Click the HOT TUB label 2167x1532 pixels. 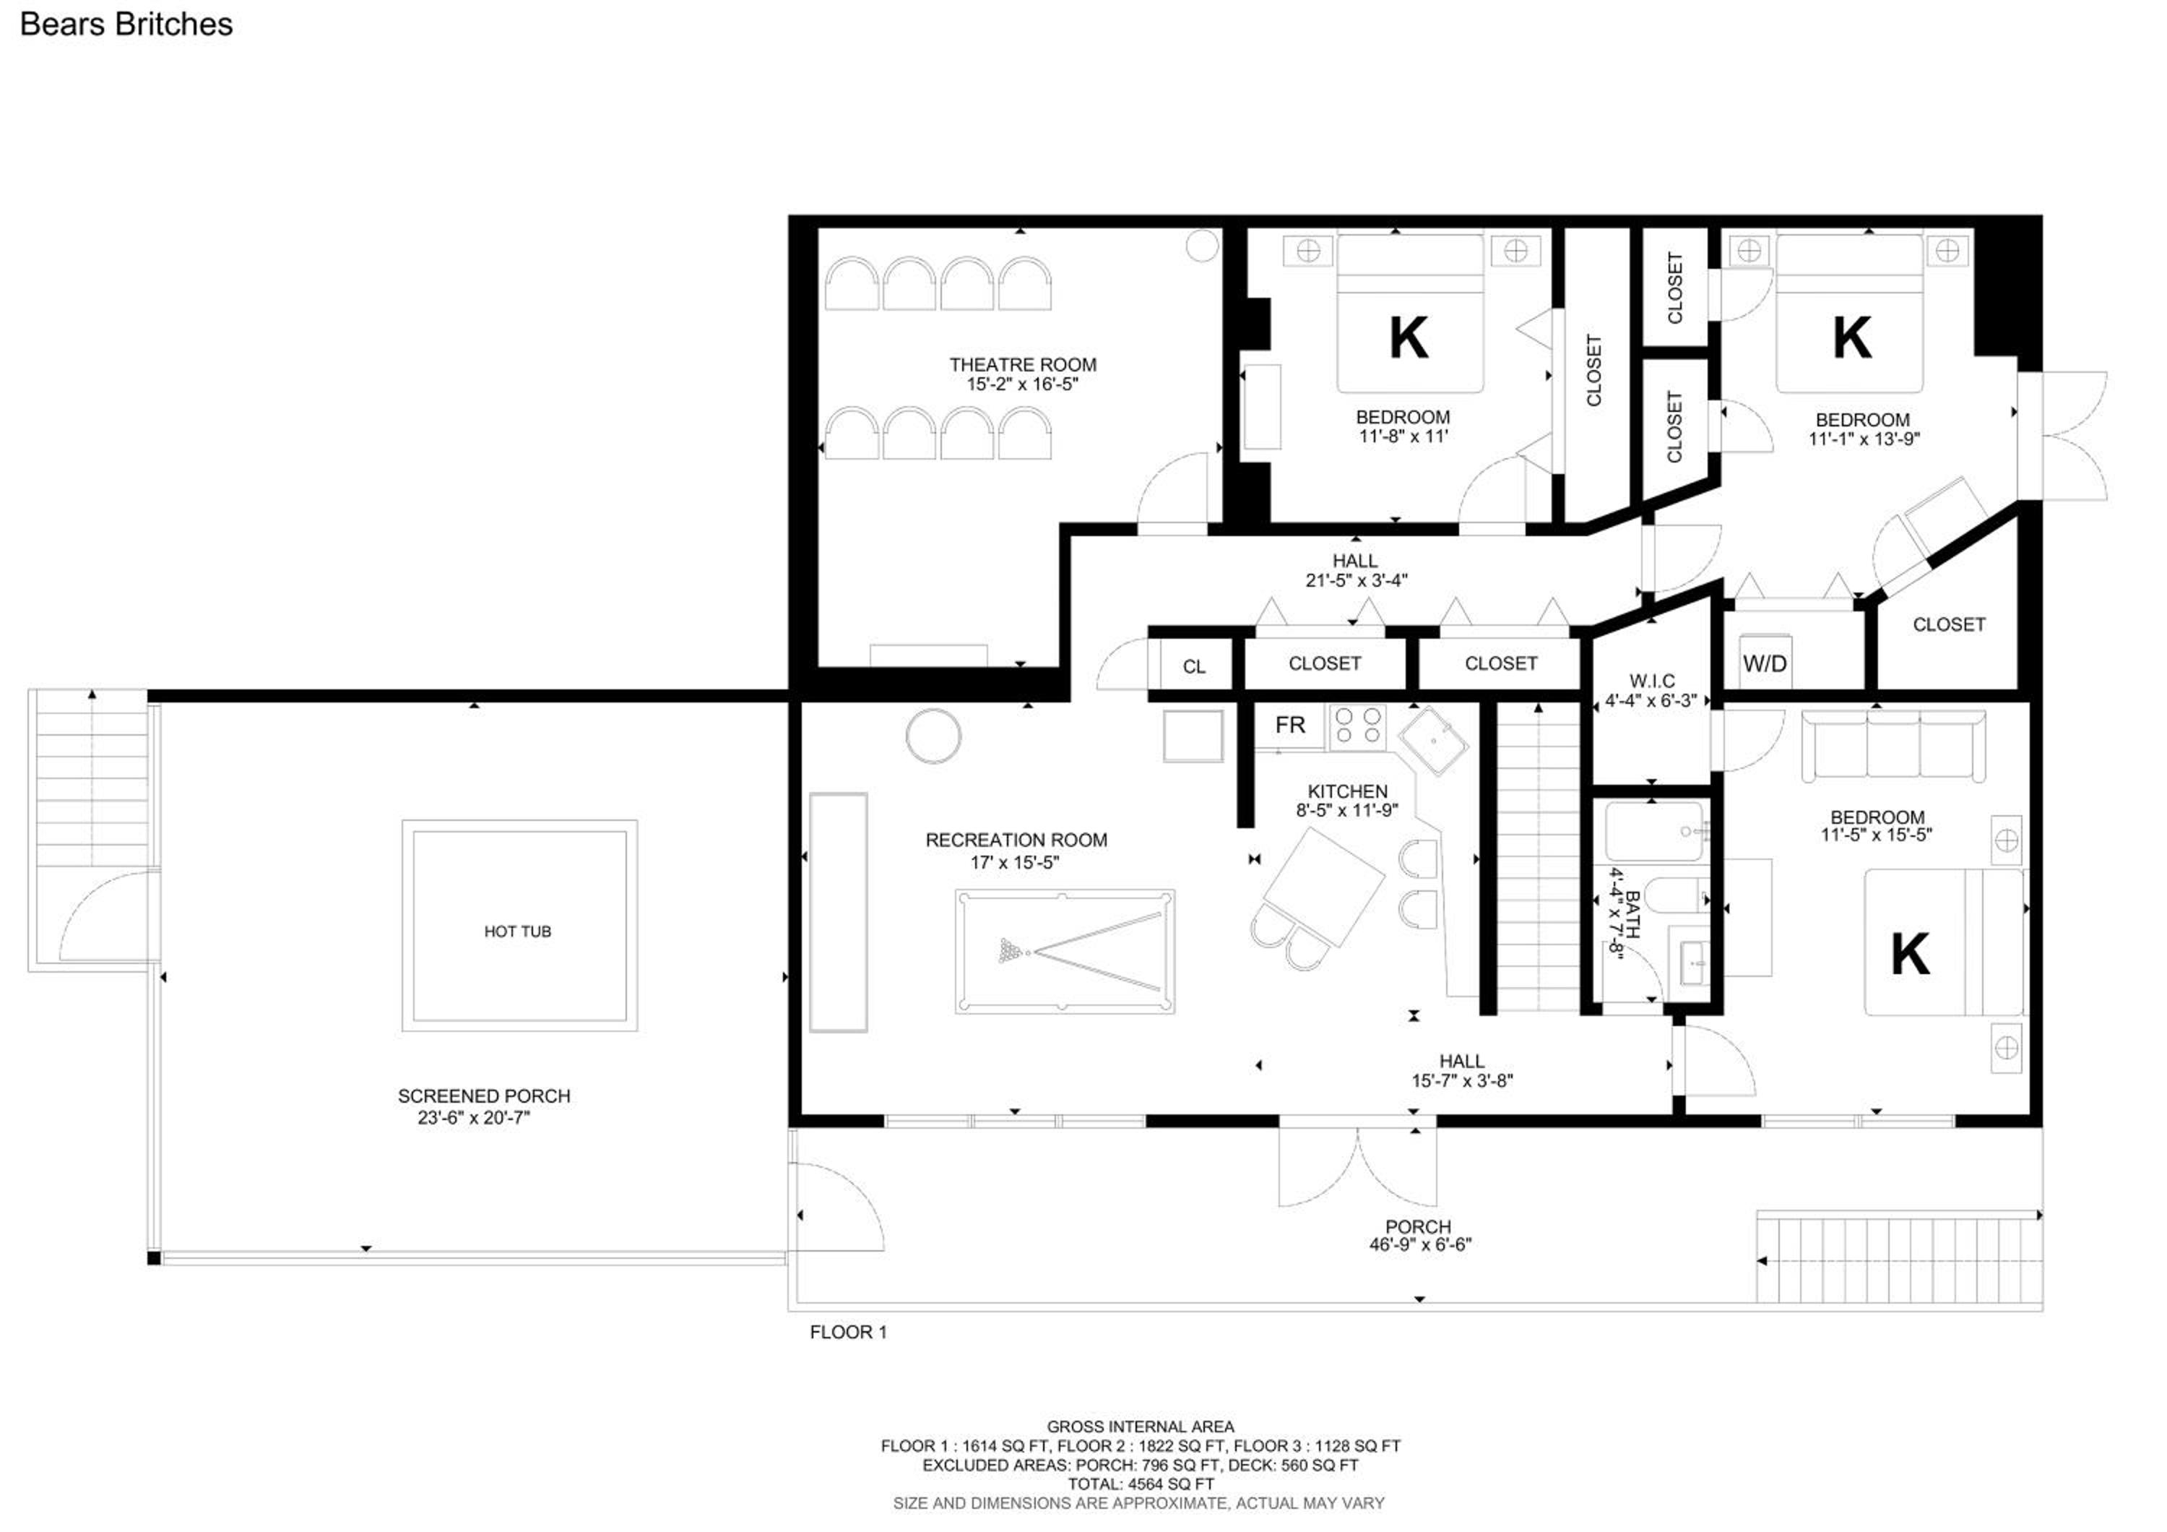(x=517, y=931)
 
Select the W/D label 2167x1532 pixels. (x=1764, y=663)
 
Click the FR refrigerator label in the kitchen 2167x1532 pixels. (x=1289, y=725)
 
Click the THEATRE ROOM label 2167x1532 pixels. (x=1022, y=364)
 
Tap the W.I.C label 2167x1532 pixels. (x=1652, y=681)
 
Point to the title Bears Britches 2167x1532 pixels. (x=126, y=25)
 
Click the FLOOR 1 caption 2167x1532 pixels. (x=847, y=1332)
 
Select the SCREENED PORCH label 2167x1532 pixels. (x=483, y=1096)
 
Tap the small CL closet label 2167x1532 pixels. (x=1193, y=666)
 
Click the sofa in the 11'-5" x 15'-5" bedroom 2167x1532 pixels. (x=1893, y=746)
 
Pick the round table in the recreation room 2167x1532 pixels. (x=933, y=736)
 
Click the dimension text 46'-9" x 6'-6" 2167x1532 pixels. (x=1420, y=1244)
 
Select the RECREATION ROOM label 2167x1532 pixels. (x=1016, y=840)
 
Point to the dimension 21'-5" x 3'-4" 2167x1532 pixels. (x=1357, y=580)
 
